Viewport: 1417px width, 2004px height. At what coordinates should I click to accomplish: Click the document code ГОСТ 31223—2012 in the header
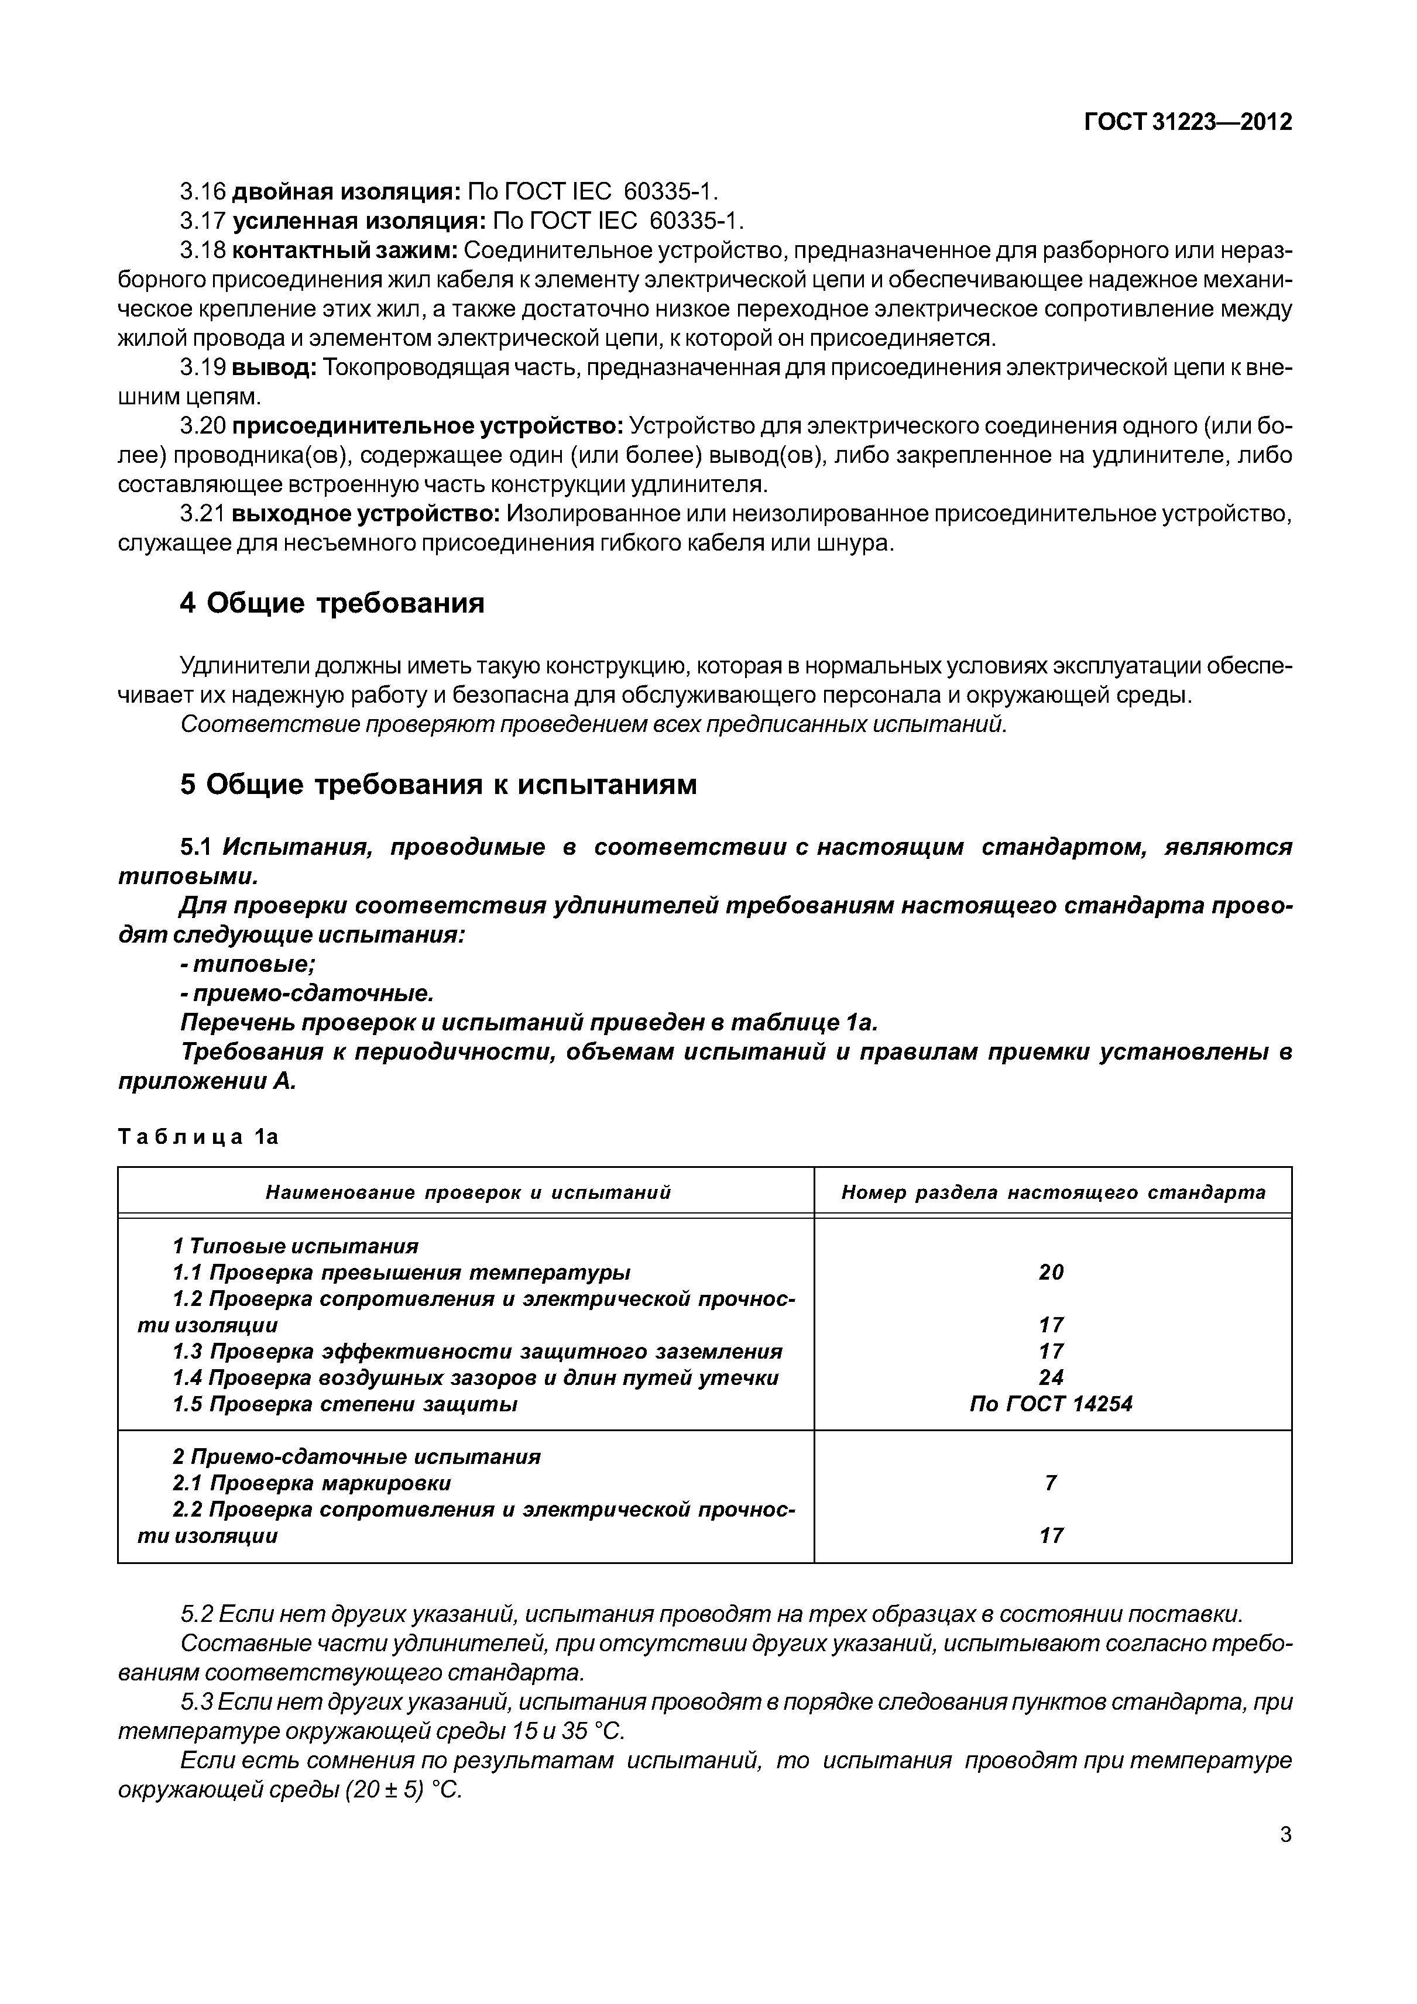1188,122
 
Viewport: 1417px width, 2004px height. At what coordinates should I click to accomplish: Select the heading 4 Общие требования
332,603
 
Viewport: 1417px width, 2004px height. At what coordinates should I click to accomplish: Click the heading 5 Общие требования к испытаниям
438,785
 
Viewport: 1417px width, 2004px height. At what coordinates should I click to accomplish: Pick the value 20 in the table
1051,1271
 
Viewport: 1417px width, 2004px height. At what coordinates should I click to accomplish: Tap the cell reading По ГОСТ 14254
1051,1404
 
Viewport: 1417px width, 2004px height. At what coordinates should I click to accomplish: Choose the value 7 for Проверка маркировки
1051,1482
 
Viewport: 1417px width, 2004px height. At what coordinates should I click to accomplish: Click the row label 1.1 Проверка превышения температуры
402,1271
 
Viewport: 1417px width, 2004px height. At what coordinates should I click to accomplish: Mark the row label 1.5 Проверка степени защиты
346,1404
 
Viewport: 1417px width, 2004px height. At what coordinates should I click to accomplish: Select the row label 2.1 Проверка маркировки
312,1482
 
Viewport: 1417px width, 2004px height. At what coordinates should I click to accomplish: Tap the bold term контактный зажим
345,250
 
